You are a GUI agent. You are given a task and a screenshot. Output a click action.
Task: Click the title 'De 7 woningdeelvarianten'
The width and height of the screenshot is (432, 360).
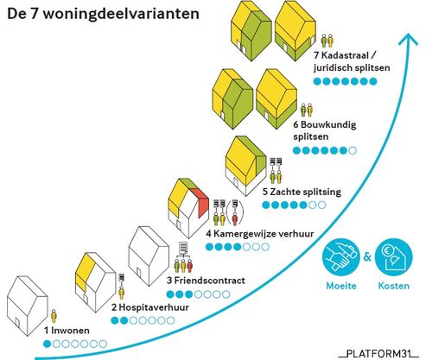point(103,14)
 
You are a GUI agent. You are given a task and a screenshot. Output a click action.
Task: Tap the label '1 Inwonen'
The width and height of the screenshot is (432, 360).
point(67,331)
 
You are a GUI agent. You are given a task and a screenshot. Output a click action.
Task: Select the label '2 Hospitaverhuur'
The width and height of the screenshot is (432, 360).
point(150,307)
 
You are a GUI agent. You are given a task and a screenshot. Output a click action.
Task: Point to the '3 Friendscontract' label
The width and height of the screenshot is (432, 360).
point(206,281)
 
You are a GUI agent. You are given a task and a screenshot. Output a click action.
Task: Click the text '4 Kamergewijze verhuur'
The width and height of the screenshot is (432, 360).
point(260,234)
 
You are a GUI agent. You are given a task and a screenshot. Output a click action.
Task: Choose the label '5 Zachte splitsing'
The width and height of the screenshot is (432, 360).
point(302,192)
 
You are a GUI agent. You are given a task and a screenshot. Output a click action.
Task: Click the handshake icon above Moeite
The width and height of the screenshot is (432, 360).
point(341,257)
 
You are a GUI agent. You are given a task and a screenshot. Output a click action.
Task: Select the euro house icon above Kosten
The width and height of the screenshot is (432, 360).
point(394,257)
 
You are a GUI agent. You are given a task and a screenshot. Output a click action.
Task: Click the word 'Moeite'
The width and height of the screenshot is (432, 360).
point(341,286)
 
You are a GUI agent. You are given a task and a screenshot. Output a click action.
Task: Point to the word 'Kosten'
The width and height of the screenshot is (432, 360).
point(394,286)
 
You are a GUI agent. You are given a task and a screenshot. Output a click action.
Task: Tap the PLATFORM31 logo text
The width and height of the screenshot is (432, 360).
point(379,353)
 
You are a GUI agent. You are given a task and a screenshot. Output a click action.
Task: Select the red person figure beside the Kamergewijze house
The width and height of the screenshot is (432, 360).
point(235,218)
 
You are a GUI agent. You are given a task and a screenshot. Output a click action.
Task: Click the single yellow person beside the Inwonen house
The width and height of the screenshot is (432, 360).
point(54,316)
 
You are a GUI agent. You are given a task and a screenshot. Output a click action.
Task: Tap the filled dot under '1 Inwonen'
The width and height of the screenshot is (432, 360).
point(47,344)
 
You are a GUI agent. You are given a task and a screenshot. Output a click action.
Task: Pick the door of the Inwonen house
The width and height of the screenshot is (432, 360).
point(17,323)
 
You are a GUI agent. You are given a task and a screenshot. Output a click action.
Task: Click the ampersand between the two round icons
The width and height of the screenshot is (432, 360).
point(367,256)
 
